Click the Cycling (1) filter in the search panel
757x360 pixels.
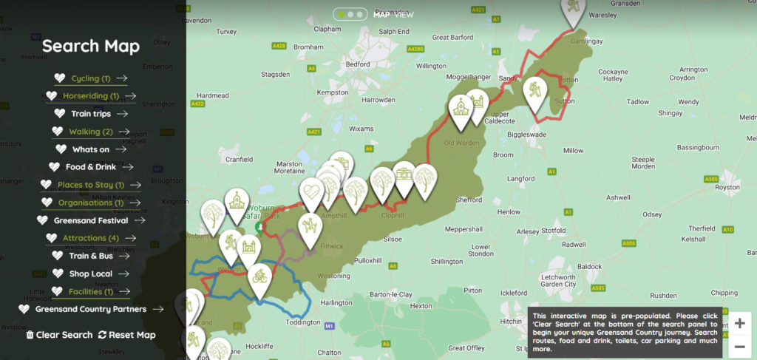[90, 78]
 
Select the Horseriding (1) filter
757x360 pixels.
[90, 96]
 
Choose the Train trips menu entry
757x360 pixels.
[90, 114]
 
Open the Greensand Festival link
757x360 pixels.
[90, 220]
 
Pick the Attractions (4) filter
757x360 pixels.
[90, 238]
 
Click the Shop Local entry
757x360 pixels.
[90, 274]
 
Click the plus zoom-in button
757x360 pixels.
[739, 324]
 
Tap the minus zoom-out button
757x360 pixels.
[739, 347]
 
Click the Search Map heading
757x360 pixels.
[91, 46]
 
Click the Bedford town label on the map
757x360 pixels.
[357, 64]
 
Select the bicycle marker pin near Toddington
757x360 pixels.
[259, 277]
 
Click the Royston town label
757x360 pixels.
[727, 187]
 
